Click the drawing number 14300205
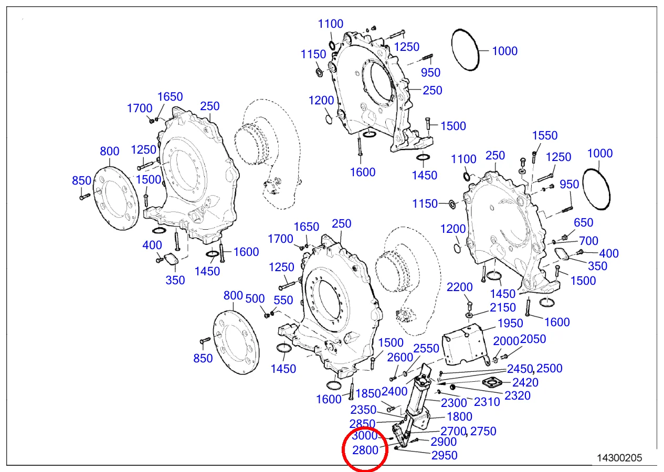click(619, 458)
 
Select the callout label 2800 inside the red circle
click(365, 450)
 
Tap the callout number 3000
click(364, 436)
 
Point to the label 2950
click(444, 456)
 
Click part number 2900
click(444, 443)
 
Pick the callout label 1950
click(510, 324)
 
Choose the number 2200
click(460, 287)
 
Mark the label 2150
click(503, 308)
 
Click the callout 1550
click(545, 136)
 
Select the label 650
click(584, 223)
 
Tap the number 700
click(588, 242)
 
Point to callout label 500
click(255, 299)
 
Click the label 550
click(283, 301)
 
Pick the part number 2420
click(525, 383)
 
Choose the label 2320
click(518, 396)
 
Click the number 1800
click(459, 417)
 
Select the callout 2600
click(400, 358)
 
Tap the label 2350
click(364, 410)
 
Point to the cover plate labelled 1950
click(465, 344)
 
